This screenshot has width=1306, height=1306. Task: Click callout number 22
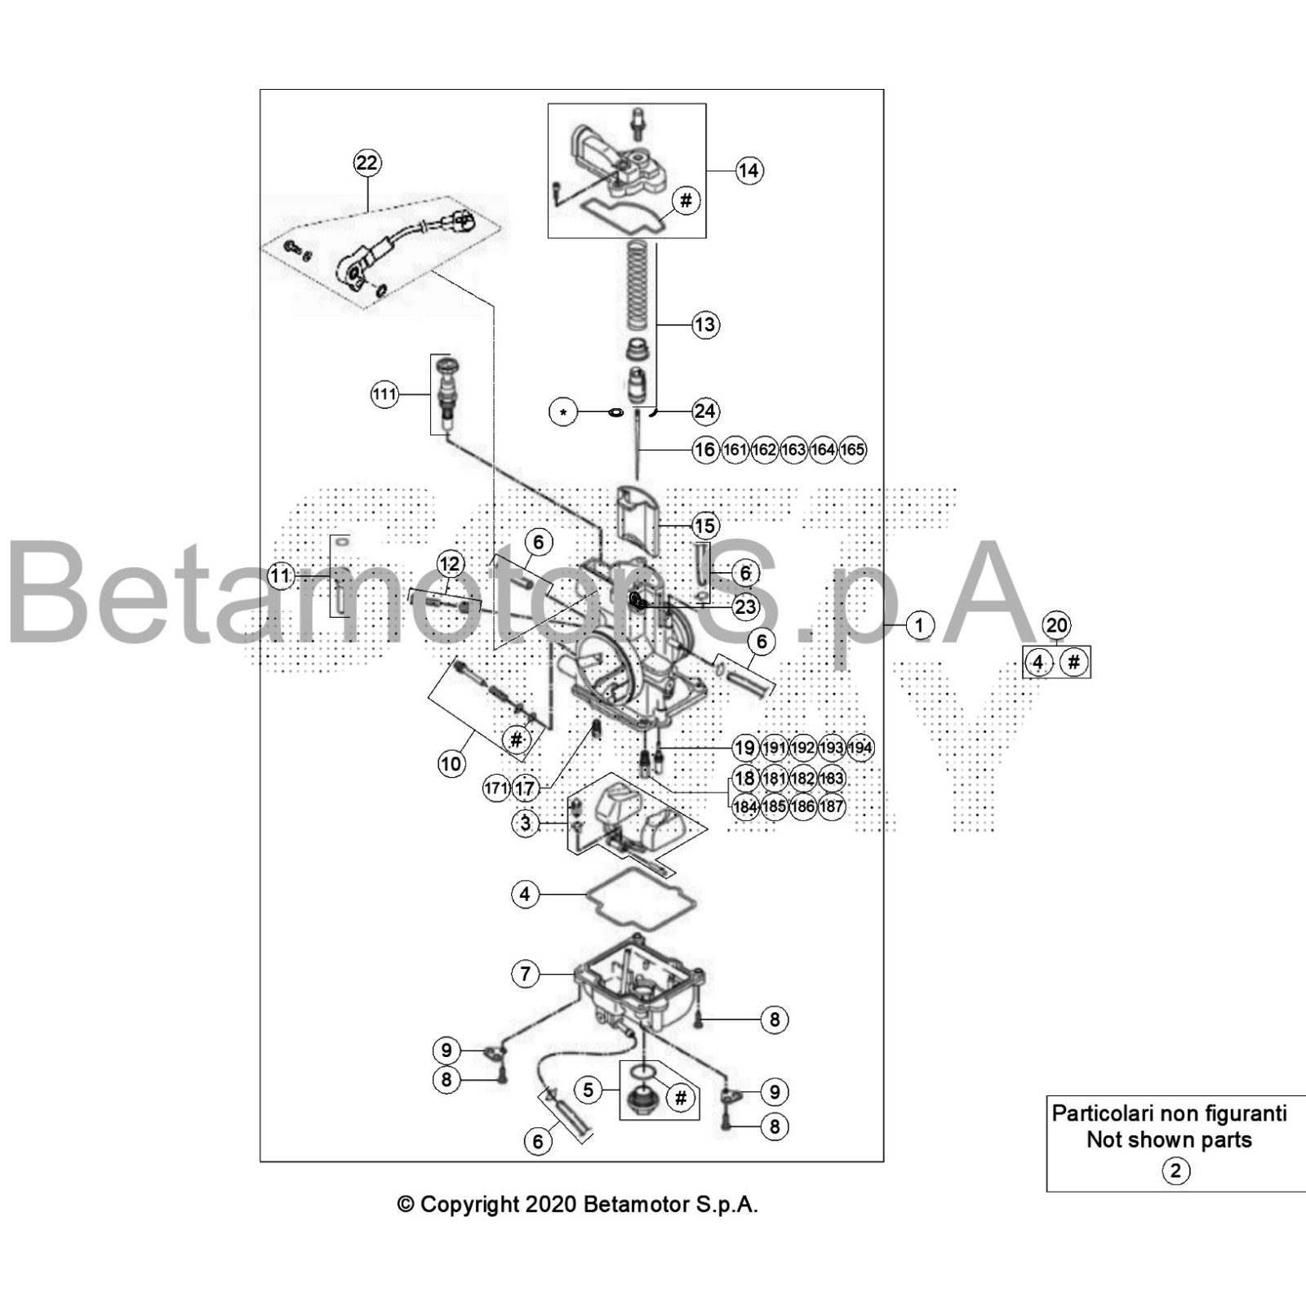coord(366,162)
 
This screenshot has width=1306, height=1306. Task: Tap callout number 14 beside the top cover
coord(749,171)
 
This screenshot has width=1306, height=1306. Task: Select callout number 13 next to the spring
coord(704,325)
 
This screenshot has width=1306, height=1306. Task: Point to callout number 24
coord(705,411)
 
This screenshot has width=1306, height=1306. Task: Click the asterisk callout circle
coord(563,412)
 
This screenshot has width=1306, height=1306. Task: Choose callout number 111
coord(384,395)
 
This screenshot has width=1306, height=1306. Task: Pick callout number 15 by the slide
coord(704,526)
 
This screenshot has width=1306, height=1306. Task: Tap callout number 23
coord(745,606)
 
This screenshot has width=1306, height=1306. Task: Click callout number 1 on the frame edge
coord(919,625)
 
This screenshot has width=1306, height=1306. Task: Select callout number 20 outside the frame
coord(1056,625)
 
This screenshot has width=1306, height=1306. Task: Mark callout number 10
coord(451,764)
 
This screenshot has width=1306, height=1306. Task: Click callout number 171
coord(496,788)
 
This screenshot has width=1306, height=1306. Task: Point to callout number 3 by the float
coord(525,823)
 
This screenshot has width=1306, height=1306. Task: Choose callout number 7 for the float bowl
coord(525,973)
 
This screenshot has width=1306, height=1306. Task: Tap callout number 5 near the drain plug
coord(588,1090)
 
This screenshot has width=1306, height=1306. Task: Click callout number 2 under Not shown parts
coord(1175,1171)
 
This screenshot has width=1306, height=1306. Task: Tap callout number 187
coord(831,806)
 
